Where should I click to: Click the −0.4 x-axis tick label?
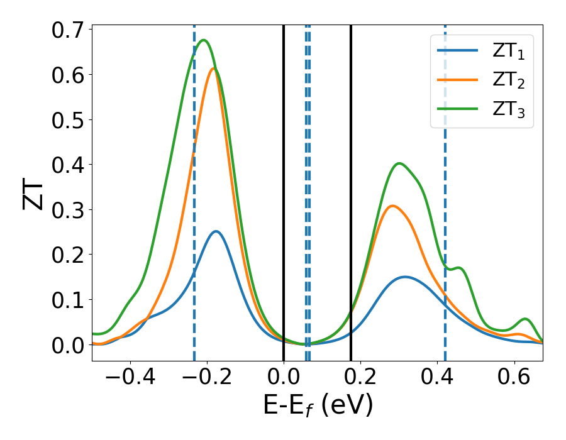(130, 379)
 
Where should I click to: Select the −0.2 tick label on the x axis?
(206, 379)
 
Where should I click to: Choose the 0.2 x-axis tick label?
(361, 379)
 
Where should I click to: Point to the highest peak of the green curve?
(203, 40)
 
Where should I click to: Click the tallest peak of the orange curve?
(214, 69)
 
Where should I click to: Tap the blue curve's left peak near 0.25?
(216, 231)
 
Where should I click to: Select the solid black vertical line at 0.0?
(284, 189)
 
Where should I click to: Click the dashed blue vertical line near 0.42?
(445, 189)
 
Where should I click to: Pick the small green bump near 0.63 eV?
(525, 319)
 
